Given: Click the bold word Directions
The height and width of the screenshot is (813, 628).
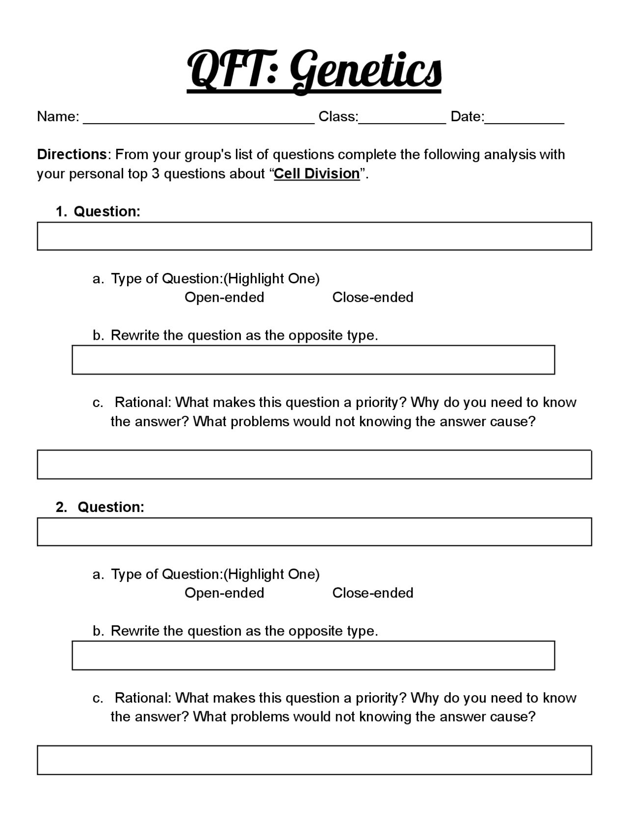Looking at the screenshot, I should point(72,154).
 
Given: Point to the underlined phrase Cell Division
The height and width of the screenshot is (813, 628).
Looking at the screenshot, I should point(317,174).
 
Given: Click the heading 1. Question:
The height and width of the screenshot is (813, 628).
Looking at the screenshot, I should point(98,212).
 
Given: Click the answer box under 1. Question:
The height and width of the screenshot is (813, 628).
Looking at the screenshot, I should point(314,236).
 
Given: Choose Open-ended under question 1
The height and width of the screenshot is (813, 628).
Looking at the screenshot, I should point(224,298).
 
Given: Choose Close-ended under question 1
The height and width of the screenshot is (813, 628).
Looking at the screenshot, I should point(373,298).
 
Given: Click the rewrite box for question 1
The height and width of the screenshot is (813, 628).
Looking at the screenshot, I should point(313,360).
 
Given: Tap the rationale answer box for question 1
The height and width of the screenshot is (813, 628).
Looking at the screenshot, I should point(314,464).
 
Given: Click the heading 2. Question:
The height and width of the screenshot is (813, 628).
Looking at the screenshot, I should point(100,507).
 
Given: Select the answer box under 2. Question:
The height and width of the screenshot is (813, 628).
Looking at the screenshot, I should point(314,532).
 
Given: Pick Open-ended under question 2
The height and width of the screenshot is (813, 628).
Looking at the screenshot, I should point(224,593).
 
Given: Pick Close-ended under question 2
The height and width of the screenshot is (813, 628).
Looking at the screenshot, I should point(373,593).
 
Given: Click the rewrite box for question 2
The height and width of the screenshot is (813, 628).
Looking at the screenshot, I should point(313,655).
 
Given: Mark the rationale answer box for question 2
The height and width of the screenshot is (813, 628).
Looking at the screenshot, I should point(314,760).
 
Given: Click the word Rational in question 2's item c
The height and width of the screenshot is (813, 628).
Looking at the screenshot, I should point(142,698).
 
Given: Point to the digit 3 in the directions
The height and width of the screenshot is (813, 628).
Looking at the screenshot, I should point(155,174).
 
